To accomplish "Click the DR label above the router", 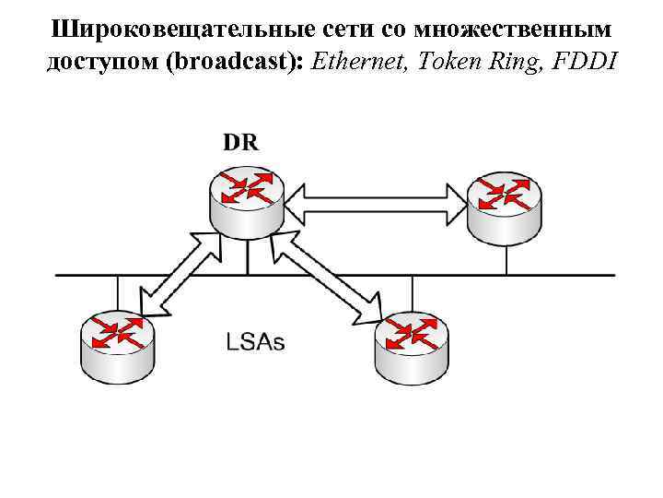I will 240,142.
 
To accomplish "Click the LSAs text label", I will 255,341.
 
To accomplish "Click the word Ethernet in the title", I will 362,62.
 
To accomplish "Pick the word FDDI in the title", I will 588,62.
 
